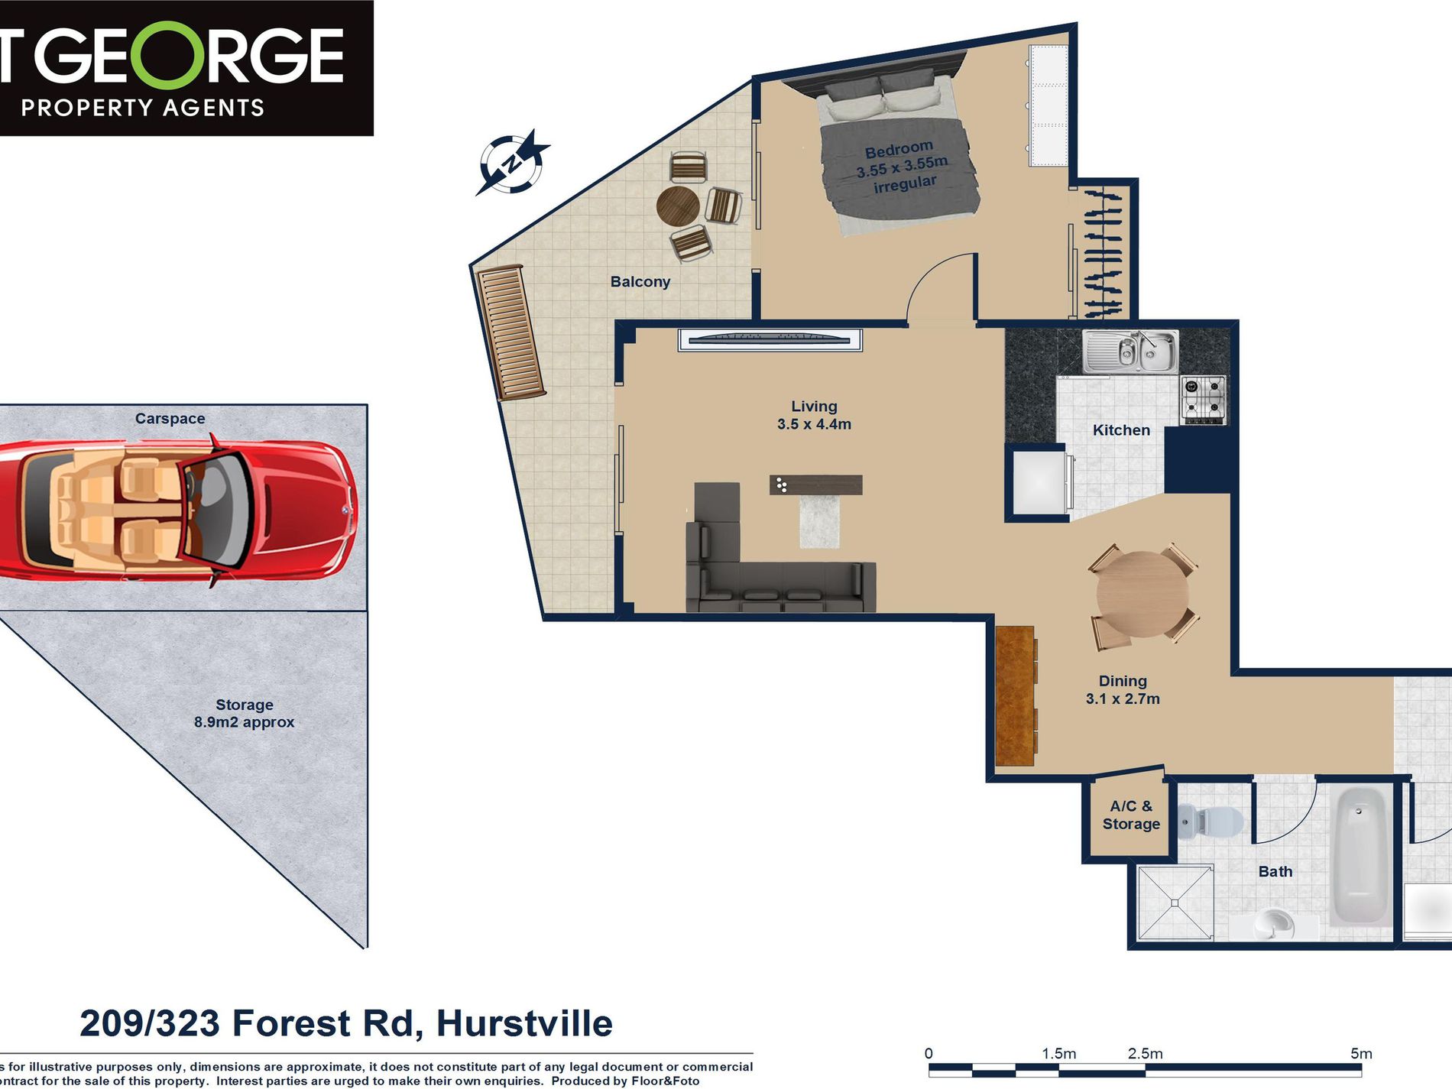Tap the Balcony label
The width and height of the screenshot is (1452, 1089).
(640, 282)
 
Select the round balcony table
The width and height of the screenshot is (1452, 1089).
(678, 206)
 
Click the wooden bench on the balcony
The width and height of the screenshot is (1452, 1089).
(510, 332)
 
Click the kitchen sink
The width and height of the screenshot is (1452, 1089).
(1130, 352)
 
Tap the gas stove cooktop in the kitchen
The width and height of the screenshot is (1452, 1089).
(1204, 399)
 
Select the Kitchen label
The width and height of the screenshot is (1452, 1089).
(1121, 430)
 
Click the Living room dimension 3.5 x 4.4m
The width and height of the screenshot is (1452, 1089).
(814, 424)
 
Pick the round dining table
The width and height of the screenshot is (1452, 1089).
(1142, 594)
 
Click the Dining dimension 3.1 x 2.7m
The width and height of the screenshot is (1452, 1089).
(1123, 698)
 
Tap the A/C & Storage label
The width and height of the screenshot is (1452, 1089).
(1131, 815)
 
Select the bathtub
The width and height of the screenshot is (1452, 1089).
(1360, 856)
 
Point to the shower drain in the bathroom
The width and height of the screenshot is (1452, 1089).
(1175, 903)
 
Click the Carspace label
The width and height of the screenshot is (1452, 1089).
(170, 418)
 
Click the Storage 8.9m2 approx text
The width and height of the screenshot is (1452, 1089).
(244, 713)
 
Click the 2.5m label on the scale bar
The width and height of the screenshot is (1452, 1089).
(1145, 1053)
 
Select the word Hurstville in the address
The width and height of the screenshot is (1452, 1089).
(524, 1023)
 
